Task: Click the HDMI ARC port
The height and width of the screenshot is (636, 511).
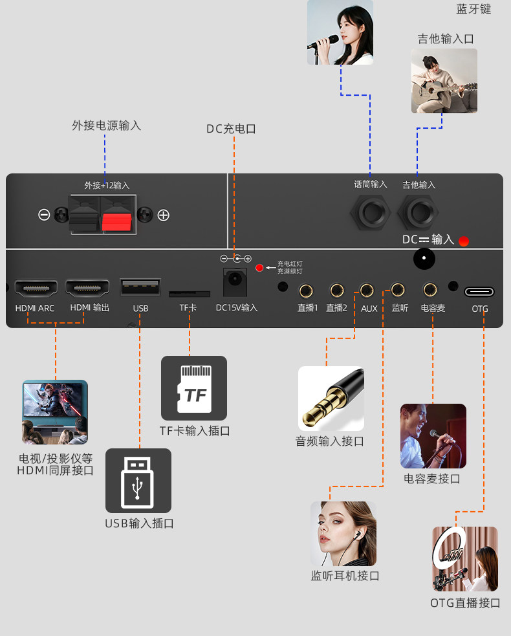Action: tap(36, 287)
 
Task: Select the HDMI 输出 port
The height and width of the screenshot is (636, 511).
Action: tap(87, 287)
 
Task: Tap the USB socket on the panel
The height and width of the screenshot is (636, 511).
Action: tap(140, 287)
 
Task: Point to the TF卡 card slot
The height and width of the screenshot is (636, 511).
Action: tap(189, 294)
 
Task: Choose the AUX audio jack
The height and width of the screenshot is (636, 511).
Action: tap(367, 291)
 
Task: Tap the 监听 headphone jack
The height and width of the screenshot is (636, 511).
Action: tap(398, 290)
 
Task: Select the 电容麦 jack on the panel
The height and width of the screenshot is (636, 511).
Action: tap(430, 290)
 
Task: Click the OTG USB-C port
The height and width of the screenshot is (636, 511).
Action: tap(479, 291)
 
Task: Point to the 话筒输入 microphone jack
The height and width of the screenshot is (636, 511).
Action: tap(370, 214)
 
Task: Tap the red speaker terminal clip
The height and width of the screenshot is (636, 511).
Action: tap(117, 220)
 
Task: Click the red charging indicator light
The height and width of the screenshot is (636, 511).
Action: tap(259, 268)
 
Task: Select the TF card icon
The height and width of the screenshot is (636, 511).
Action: tap(194, 388)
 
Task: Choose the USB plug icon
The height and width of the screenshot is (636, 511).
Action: tap(138, 481)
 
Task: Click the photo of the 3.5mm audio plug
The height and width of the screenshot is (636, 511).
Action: tap(331, 399)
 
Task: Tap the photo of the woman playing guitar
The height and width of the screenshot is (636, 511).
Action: tap(444, 81)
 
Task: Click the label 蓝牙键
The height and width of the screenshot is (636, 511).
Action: tap(473, 9)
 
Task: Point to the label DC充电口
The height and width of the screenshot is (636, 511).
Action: tap(231, 129)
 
